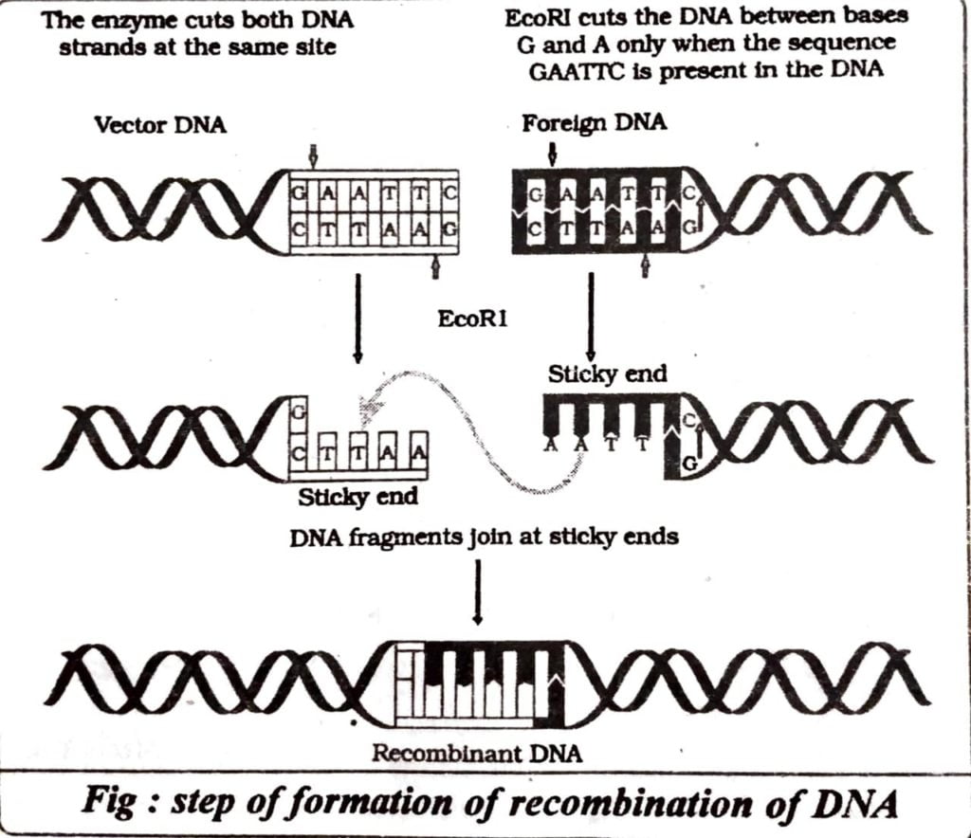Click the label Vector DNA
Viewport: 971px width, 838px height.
tap(160, 125)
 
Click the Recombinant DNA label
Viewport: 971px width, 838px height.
tap(476, 756)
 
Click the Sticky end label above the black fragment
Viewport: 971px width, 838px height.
tap(607, 373)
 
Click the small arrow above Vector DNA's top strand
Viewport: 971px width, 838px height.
tap(314, 153)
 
